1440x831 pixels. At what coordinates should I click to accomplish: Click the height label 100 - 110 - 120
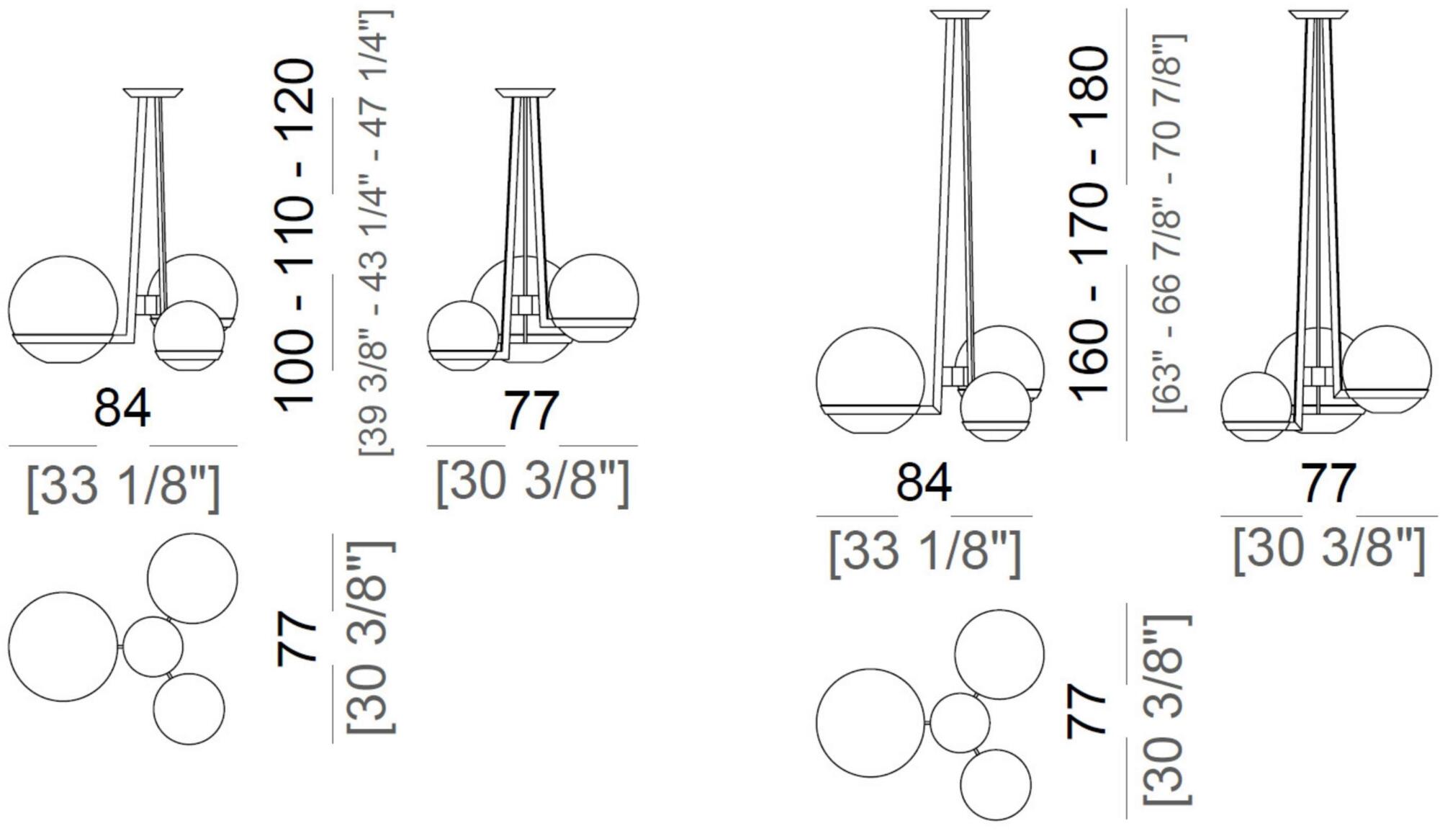tap(296, 236)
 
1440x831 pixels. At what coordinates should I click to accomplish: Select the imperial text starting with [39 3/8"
tap(375, 233)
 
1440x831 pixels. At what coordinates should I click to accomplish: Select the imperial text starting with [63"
tap(1168, 223)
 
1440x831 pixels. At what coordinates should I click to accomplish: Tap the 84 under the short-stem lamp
tap(122, 408)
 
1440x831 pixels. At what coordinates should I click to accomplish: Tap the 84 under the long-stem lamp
tap(924, 482)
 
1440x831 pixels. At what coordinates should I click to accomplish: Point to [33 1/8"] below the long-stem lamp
tap(924, 552)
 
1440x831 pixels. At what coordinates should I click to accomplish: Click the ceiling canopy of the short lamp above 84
tap(153, 93)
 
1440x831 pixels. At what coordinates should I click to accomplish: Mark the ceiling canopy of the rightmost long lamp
tap(1318, 14)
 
